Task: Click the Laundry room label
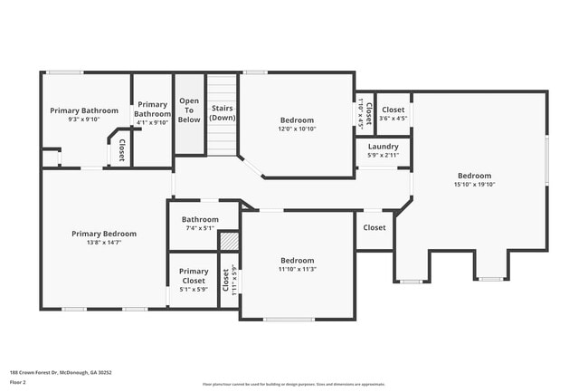tap(383, 146)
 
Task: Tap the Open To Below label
tap(189, 110)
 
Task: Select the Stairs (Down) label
tap(223, 113)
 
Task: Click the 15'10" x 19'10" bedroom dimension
tap(474, 185)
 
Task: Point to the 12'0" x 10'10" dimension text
tap(297, 129)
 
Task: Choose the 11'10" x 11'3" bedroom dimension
tap(297, 269)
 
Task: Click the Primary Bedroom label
tap(104, 233)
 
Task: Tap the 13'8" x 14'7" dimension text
tap(104, 242)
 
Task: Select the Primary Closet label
tap(193, 275)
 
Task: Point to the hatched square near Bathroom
tap(230, 242)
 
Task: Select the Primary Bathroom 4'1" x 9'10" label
tap(152, 109)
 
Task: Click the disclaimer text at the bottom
tap(294, 383)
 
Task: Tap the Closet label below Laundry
tap(375, 228)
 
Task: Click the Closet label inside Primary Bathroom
tap(121, 149)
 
